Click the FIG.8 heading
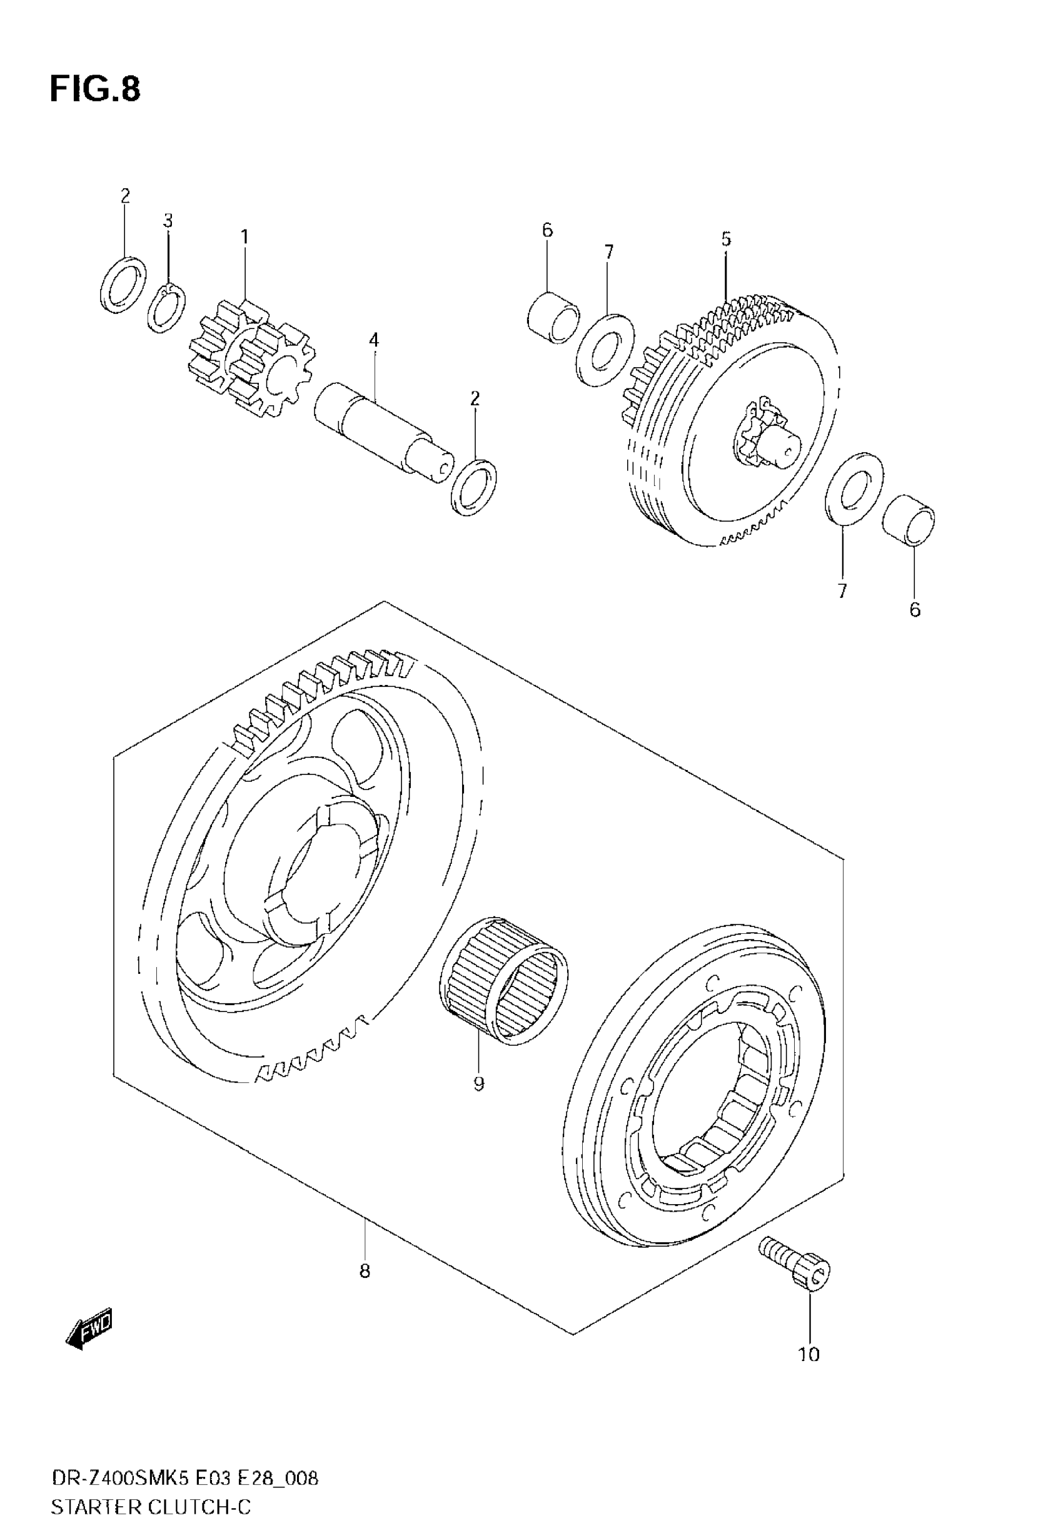click(95, 89)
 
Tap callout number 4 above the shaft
click(374, 340)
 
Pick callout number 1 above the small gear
click(244, 236)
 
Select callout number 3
click(168, 220)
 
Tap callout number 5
click(726, 238)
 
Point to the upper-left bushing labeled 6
click(553, 317)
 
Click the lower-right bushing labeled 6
click(909, 520)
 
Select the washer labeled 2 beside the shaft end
click(474, 487)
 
